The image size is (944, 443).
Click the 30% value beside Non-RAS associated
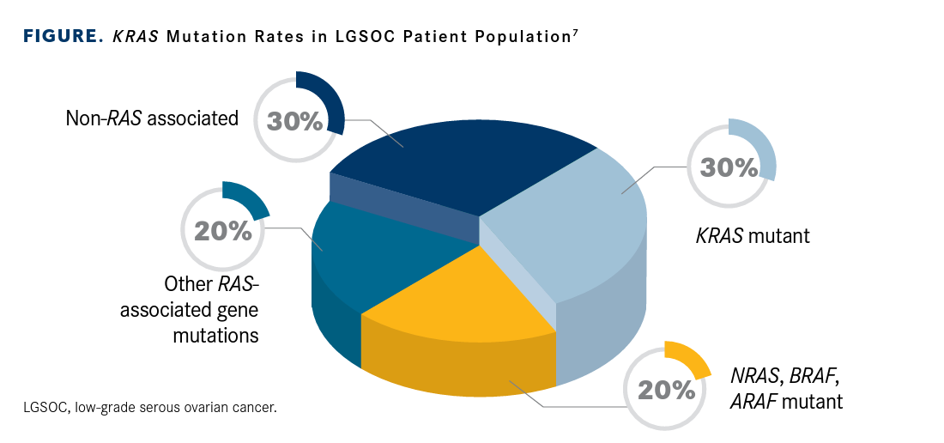[x=294, y=121]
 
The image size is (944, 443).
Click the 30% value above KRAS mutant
[x=729, y=167]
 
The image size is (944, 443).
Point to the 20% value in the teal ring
[x=222, y=231]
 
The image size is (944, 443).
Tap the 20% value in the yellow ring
[x=665, y=390]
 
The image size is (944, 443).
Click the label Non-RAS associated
[x=152, y=118]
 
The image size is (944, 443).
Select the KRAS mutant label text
[x=752, y=235]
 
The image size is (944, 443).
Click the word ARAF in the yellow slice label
[x=751, y=400]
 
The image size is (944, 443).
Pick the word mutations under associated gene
[x=215, y=335]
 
